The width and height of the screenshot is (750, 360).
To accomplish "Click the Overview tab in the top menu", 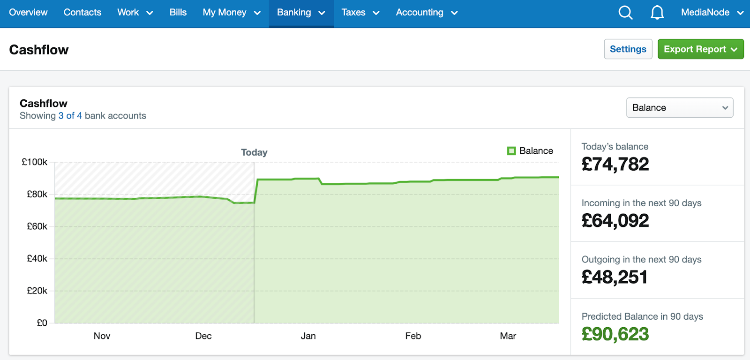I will tap(28, 13).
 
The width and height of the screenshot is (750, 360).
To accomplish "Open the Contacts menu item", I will tap(82, 13).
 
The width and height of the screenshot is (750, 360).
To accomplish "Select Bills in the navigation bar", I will tap(178, 13).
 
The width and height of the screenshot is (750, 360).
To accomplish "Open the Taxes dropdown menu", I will tap(360, 13).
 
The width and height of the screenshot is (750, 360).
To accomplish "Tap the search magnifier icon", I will tap(625, 13).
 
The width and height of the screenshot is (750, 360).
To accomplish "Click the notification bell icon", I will tap(657, 13).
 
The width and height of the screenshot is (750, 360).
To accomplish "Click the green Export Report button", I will tap(700, 49).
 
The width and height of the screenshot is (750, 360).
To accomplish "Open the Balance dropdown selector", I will tap(679, 108).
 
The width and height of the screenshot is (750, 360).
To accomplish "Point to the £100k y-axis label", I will tap(35, 162).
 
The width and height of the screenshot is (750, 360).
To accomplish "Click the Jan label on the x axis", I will tap(308, 336).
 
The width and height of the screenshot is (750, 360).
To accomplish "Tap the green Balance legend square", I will tap(511, 151).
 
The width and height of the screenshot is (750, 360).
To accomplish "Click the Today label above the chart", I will tap(254, 152).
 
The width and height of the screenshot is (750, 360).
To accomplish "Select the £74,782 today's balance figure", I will tap(615, 165).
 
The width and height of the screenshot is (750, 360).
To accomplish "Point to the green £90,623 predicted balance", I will tap(615, 334).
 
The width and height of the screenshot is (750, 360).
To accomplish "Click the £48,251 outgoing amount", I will tap(614, 277).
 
